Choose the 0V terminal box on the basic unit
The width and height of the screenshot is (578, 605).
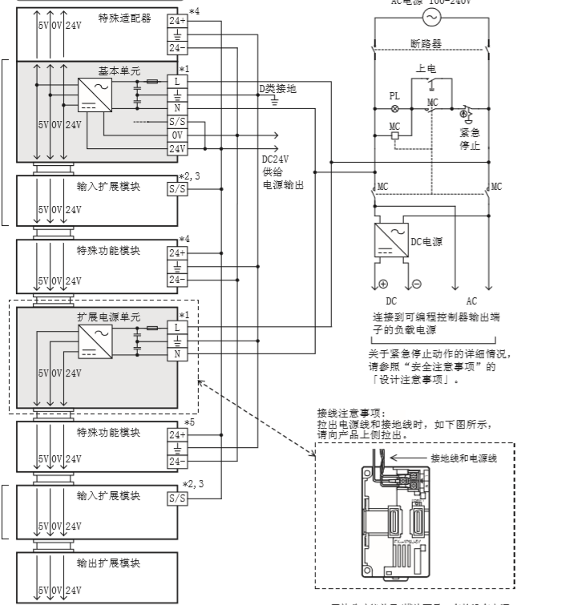[x=176, y=135]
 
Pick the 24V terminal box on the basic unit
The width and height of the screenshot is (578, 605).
[x=176, y=148]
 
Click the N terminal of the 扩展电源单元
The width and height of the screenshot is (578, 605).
[x=176, y=353]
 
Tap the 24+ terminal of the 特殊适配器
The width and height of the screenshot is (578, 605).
[x=176, y=21]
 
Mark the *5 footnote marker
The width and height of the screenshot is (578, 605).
[x=189, y=422]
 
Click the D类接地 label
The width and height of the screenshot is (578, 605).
[x=277, y=89]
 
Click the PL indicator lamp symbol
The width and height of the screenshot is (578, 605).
[x=394, y=107]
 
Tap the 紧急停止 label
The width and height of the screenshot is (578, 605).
[x=470, y=139]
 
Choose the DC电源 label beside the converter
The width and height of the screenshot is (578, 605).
[x=426, y=240]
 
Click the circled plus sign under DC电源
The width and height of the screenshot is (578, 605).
[x=382, y=284]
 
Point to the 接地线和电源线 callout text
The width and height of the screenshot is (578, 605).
[x=464, y=458]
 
